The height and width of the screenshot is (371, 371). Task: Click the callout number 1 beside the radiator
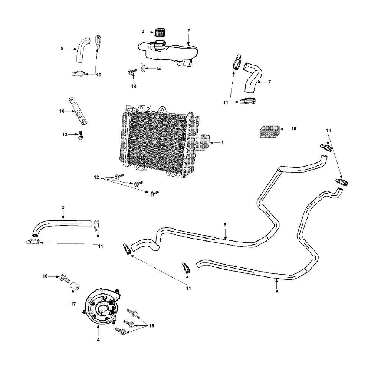223,142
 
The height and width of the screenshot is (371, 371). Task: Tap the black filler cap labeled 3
160,32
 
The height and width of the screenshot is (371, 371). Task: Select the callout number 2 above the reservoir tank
188,30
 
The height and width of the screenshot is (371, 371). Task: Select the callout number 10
99,75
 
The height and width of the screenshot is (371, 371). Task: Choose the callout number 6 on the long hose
225,225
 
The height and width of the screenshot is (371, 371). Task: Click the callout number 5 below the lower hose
277,292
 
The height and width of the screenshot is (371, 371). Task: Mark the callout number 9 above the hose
63,207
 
